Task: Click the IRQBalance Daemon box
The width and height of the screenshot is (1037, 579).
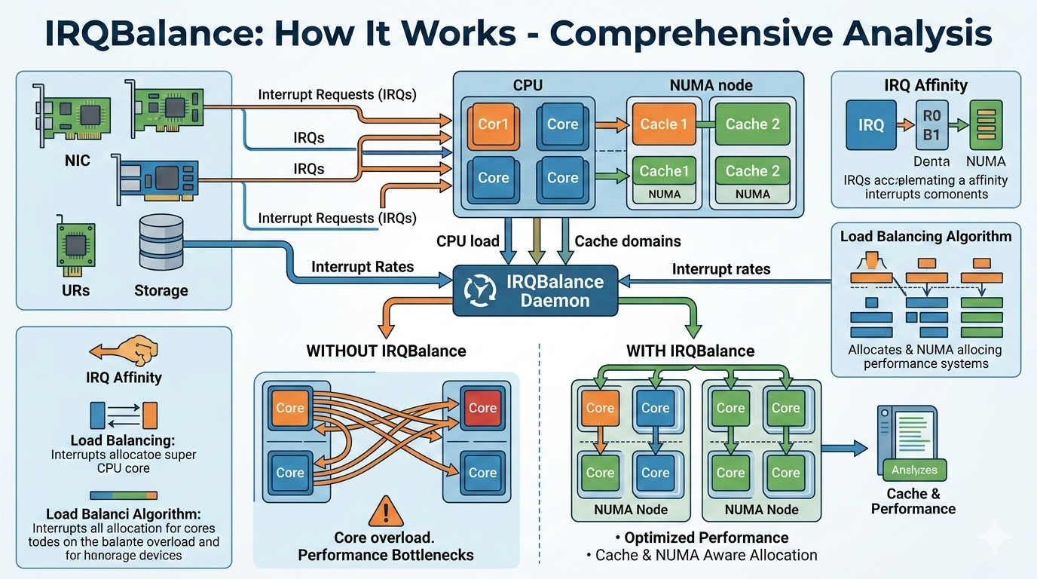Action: [x=535, y=291]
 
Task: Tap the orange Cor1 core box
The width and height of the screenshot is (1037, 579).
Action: [x=493, y=124]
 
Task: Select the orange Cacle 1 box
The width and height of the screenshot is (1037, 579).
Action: [x=663, y=124]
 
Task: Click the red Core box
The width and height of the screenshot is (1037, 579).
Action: [x=482, y=408]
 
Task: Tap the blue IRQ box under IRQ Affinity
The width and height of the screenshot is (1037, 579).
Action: [x=870, y=125]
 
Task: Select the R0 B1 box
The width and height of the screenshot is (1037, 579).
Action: [x=931, y=125]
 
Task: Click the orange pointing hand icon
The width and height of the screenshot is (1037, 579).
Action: [x=124, y=351]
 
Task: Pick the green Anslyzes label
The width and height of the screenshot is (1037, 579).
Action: [x=914, y=470]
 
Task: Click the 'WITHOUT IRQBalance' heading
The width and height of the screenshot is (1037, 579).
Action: [x=386, y=351]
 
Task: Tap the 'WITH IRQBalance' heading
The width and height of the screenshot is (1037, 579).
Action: [x=690, y=351]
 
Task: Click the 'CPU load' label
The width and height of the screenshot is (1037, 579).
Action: [x=467, y=241]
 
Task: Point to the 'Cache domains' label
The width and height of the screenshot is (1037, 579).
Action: [x=628, y=241]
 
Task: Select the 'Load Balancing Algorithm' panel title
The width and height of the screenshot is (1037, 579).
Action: [x=925, y=237]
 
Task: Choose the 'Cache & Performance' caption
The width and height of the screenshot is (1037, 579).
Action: [x=913, y=501]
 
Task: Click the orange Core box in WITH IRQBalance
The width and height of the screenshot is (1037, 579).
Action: [x=600, y=408]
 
